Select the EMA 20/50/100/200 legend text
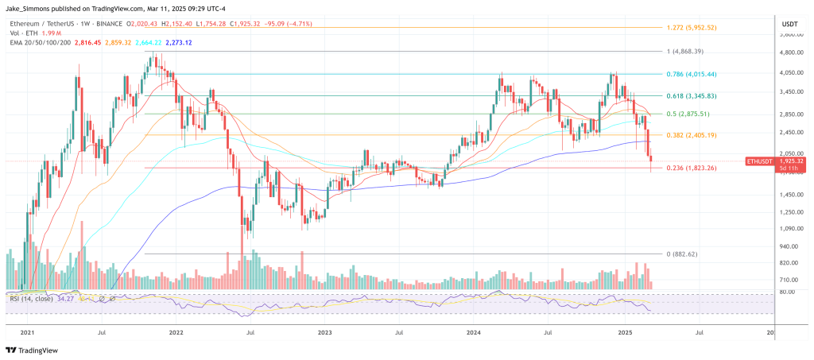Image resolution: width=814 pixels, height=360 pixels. click(40, 43)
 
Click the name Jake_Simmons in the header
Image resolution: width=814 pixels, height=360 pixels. click(29, 8)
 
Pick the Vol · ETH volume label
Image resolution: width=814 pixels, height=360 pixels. click(22, 34)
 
